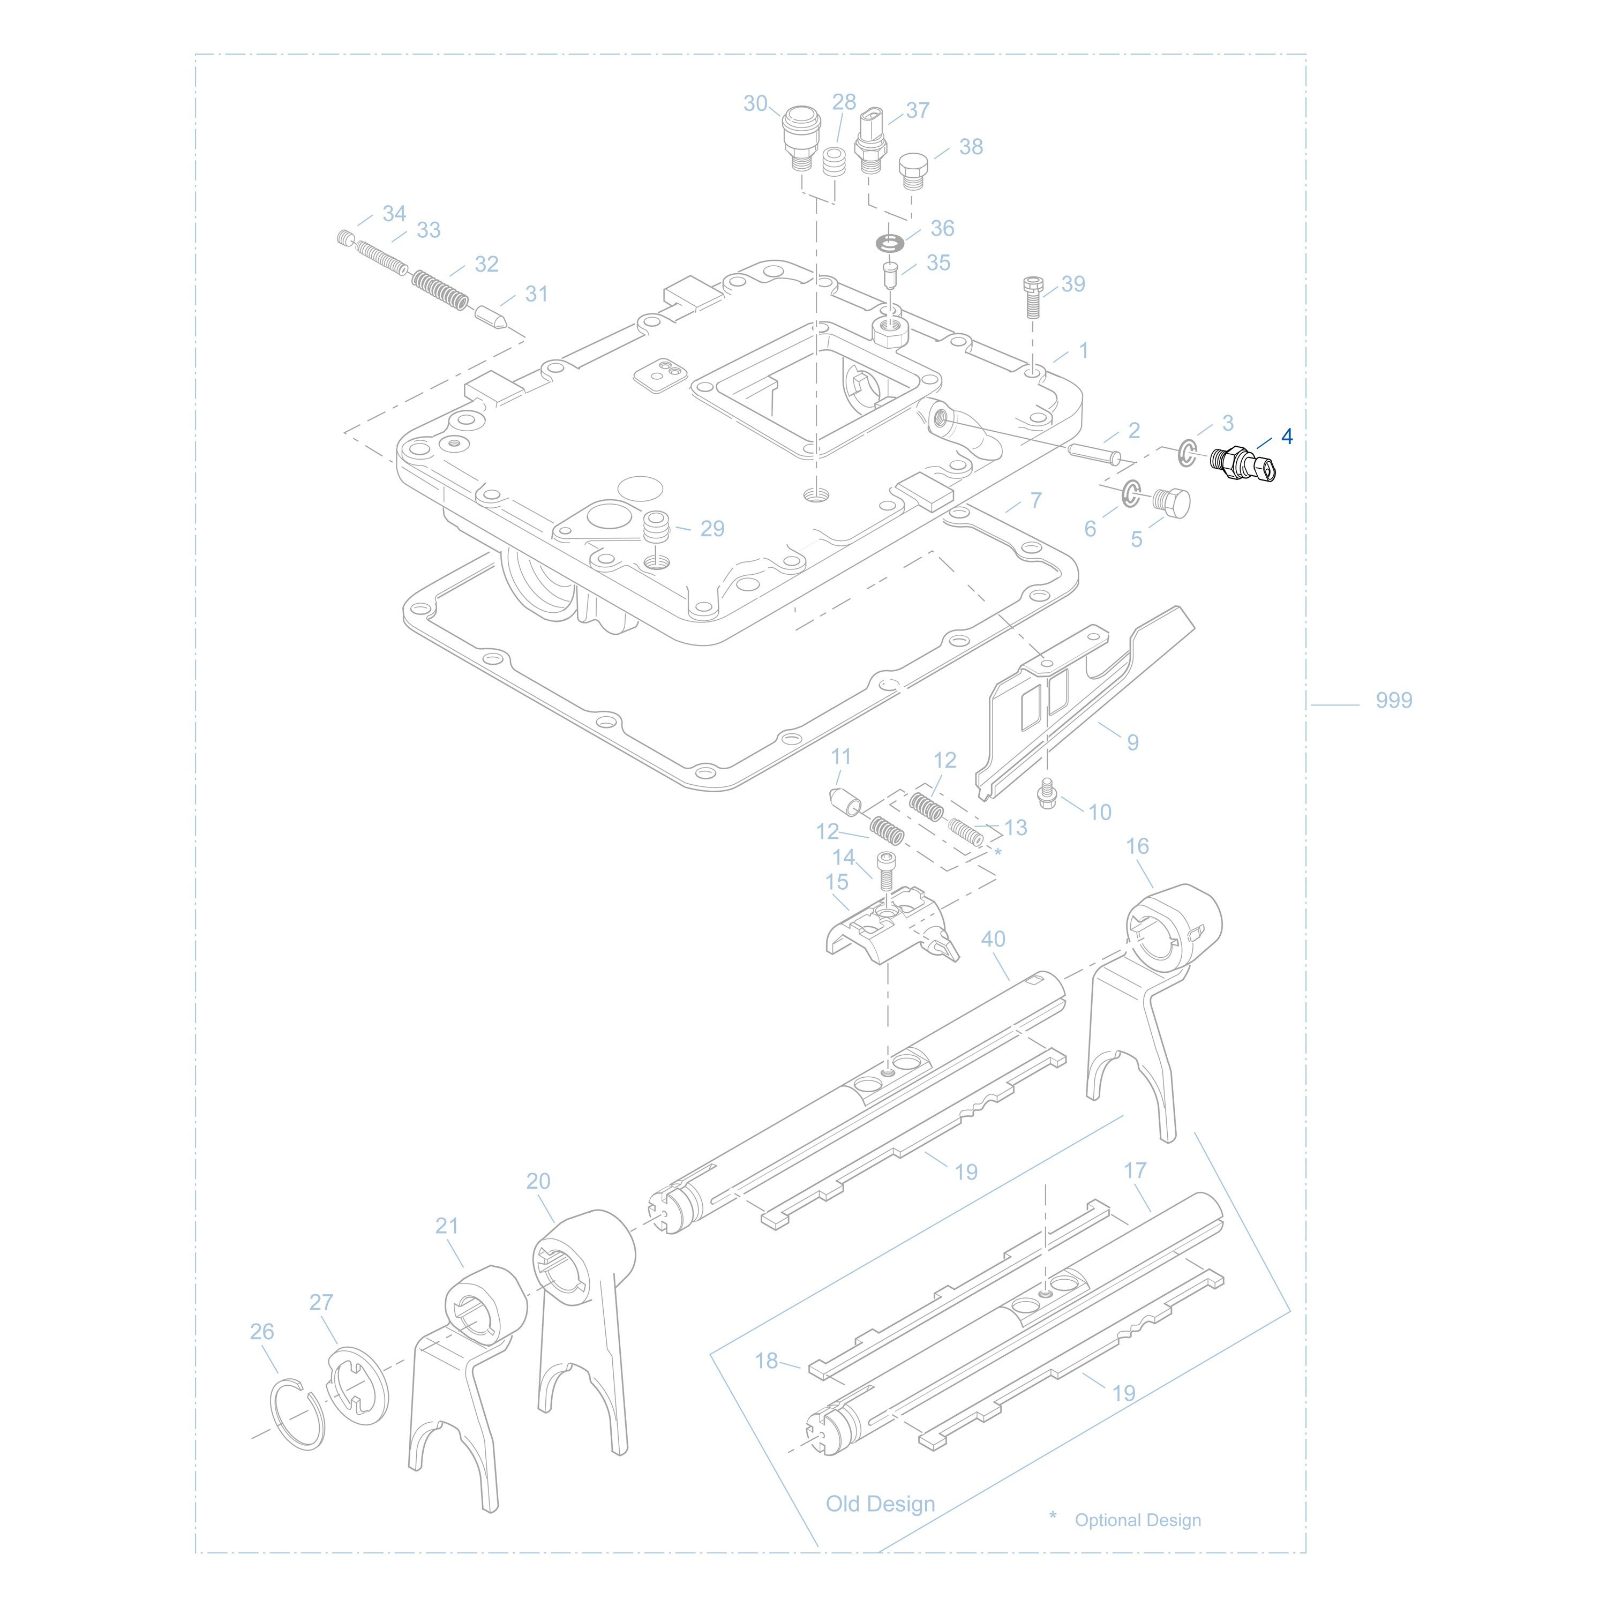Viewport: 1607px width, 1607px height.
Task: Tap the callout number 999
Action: point(1393,700)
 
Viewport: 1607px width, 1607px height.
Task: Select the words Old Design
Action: point(880,1504)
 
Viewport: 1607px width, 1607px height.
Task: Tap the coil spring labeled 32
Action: point(441,289)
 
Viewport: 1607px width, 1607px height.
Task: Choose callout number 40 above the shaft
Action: point(993,939)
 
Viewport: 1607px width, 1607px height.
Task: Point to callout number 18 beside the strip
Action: point(766,1361)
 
